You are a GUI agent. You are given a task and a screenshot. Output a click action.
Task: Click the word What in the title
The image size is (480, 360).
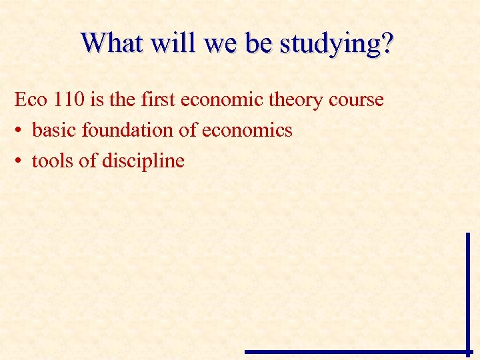point(112,43)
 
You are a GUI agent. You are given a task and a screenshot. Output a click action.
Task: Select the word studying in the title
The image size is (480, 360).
point(331,45)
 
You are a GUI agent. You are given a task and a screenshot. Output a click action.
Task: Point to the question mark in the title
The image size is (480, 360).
point(387,43)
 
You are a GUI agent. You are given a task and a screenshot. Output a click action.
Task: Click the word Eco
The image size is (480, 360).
point(29,100)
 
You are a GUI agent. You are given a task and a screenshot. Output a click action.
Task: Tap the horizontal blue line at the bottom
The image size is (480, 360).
point(357,351)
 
